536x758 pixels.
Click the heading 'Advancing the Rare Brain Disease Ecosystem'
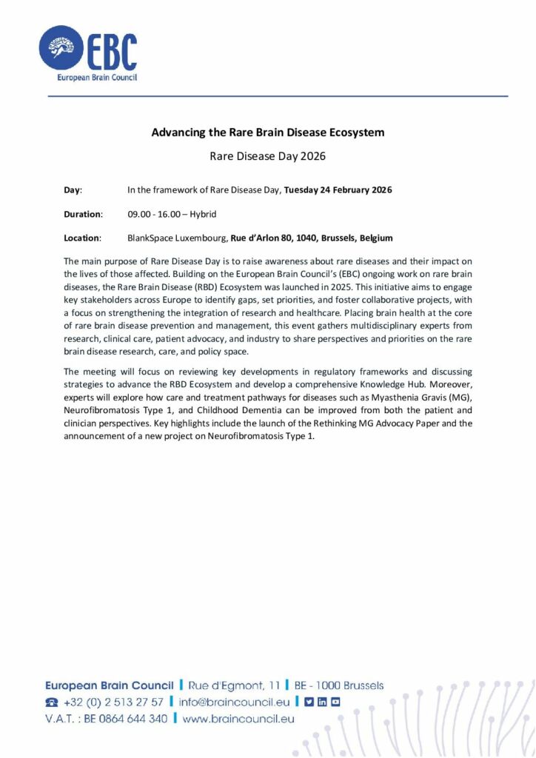pyautogui.click(x=268, y=133)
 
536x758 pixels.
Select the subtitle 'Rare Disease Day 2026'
pyautogui.click(x=268, y=156)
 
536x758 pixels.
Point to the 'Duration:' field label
pyautogui.click(x=83, y=214)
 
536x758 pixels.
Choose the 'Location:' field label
pyautogui.click(x=81, y=238)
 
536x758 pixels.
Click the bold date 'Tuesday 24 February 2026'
pyautogui.click(x=338, y=190)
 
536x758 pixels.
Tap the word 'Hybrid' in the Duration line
pyautogui.click(x=203, y=214)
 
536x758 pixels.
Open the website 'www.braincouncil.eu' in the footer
pyautogui.click(x=238, y=718)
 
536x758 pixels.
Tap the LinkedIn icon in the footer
pyautogui.click(x=322, y=702)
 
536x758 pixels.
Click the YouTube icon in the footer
pyautogui.click(x=335, y=702)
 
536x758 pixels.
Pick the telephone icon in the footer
pyautogui.click(x=52, y=702)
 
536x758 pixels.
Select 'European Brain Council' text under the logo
pyautogui.click(x=97, y=77)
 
